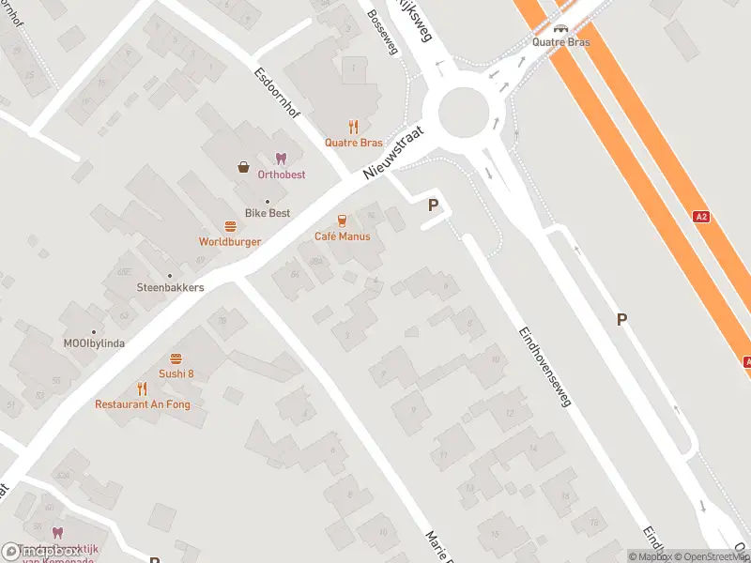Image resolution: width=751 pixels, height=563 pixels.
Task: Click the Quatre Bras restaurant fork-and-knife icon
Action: [x=354, y=127]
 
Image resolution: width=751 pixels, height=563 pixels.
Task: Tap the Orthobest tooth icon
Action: [x=280, y=159]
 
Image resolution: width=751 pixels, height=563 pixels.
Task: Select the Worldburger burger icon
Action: [x=230, y=226]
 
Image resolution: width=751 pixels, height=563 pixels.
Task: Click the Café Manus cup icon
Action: [x=342, y=221]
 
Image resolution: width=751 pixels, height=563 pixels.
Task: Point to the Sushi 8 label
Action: [x=176, y=373]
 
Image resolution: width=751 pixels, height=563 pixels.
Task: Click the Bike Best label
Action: [x=268, y=213]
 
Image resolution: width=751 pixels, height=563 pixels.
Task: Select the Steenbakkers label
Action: [x=170, y=287]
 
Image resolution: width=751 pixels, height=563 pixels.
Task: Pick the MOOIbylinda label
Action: [x=93, y=343]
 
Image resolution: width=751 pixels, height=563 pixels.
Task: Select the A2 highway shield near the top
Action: [x=700, y=217]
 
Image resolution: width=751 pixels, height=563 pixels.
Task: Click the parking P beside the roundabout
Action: [x=434, y=205]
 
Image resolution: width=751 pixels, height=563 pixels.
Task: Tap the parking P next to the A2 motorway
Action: [x=621, y=320]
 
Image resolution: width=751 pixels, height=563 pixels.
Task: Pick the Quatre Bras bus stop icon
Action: [x=560, y=28]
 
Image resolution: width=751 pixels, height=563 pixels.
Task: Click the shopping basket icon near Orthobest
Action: [x=244, y=167]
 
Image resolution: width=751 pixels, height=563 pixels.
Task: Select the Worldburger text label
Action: [x=230, y=242]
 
